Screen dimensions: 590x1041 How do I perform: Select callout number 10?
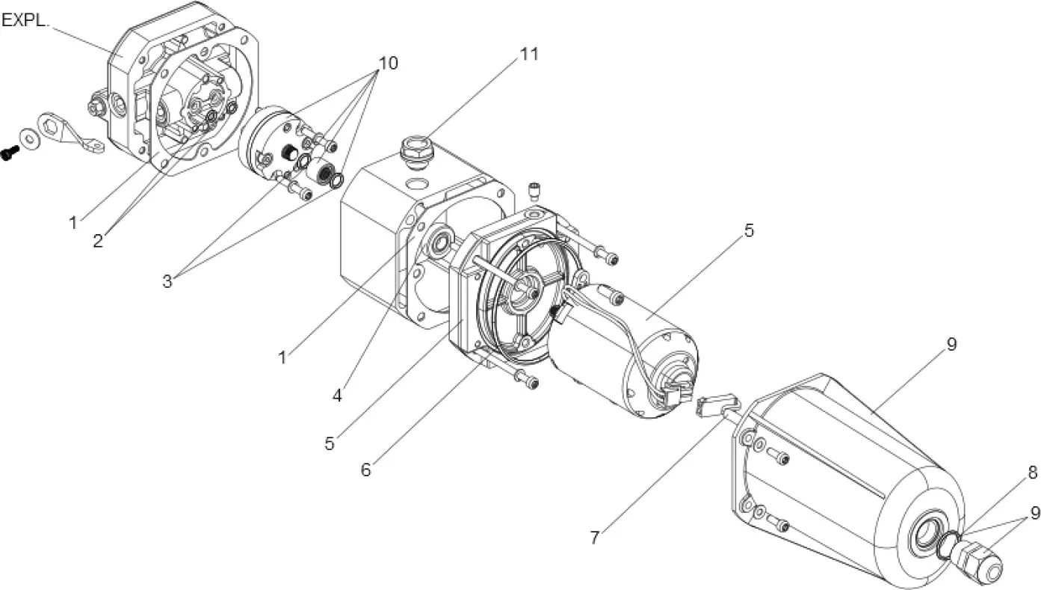pos(388,63)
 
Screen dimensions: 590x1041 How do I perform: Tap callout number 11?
pos(529,54)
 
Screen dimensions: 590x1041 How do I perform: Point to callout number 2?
pos(98,241)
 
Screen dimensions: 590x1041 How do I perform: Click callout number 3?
pos(167,281)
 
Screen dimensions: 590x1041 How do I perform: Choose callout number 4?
pos(337,396)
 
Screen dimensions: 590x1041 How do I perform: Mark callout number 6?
pos(365,470)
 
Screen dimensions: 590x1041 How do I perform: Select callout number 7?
pos(595,538)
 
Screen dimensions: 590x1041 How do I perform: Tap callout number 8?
pos(1032,473)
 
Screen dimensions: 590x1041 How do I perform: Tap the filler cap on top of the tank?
pos(415,147)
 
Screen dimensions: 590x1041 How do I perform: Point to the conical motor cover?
pos(837,464)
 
